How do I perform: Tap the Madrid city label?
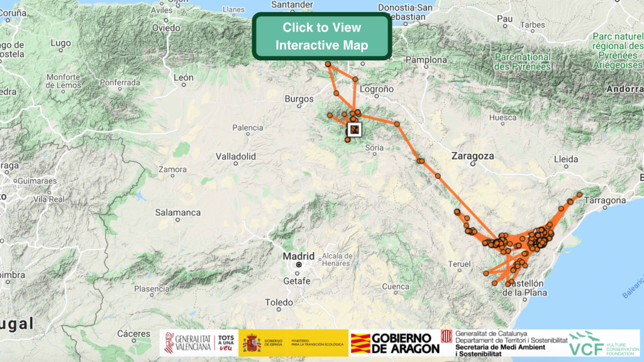[298, 256]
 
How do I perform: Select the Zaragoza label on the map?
[472, 155]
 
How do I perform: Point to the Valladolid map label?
[235, 156]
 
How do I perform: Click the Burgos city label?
[299, 99]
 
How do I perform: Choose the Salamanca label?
[179, 212]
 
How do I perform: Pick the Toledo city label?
[279, 302]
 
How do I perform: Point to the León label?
[184, 78]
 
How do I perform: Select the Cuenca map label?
[395, 287]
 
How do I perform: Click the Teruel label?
[459, 264]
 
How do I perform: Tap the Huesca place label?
[503, 118]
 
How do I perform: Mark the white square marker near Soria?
[355, 129]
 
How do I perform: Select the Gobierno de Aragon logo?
[395, 343]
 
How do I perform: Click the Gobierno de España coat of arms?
[252, 343]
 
